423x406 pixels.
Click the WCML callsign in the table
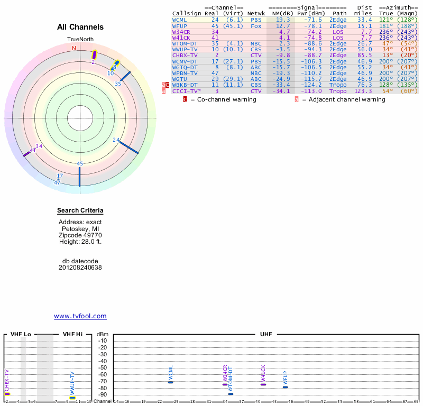click(x=180, y=20)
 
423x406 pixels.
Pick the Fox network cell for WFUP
click(x=256, y=25)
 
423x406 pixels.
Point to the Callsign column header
click(x=187, y=13)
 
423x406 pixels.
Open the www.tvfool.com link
click(x=80, y=316)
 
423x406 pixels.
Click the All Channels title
click(x=80, y=27)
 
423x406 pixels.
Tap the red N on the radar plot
click(x=74, y=48)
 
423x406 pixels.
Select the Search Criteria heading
click(x=80, y=211)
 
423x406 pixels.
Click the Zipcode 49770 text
click(x=80, y=235)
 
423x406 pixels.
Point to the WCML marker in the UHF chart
click(x=170, y=382)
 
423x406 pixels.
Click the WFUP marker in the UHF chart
click(x=285, y=387)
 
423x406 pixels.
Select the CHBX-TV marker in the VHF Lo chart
click(x=7, y=394)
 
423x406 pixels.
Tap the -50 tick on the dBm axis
click(x=103, y=368)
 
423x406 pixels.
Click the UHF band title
click(x=266, y=335)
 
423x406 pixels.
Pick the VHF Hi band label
click(x=73, y=335)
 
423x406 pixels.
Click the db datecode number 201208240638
click(x=80, y=267)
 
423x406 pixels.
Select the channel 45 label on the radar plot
click(x=80, y=164)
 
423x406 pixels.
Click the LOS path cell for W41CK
click(x=338, y=38)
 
